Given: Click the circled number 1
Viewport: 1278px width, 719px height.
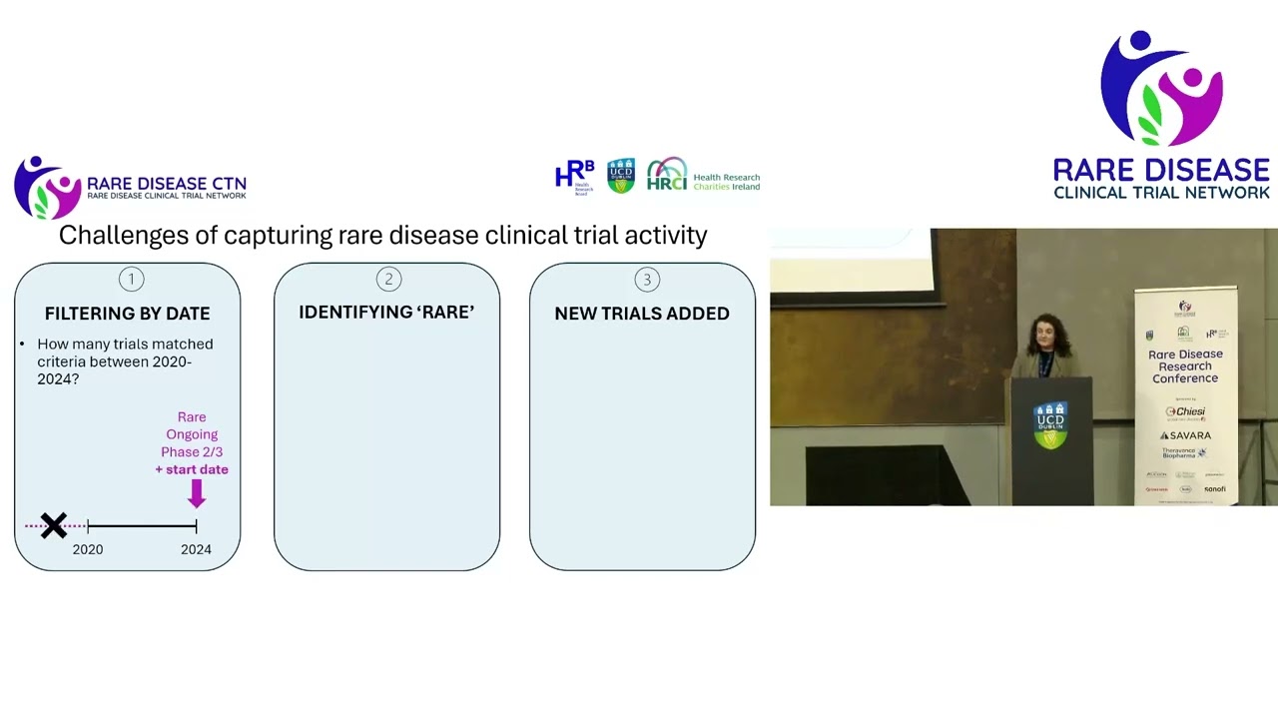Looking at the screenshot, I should tap(131, 280).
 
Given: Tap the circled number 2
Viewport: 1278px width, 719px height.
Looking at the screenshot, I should tap(388, 280).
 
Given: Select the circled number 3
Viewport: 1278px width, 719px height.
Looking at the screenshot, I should tap(646, 280).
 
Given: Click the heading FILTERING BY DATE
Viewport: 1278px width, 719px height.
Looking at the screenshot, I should tap(128, 314).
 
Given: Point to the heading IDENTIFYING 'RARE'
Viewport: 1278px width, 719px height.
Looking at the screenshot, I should tap(386, 313).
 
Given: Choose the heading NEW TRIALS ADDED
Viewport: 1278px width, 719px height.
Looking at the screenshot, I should tap(642, 314).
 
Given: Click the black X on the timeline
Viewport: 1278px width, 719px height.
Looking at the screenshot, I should tap(54, 525).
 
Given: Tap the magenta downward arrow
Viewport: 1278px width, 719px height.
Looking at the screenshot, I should tap(196, 493).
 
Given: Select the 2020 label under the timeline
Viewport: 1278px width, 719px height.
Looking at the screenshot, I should tap(88, 549).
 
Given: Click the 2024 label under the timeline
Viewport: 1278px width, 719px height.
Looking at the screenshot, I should tap(196, 549).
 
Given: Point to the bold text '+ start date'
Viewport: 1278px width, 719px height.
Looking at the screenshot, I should tap(192, 469).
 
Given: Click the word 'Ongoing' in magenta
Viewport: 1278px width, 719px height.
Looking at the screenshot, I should tap(192, 434).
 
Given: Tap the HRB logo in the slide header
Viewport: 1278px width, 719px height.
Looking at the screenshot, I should tap(575, 176).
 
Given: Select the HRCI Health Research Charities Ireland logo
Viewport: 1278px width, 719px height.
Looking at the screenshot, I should tap(703, 176).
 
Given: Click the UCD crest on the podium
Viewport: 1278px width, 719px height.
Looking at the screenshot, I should tap(1049, 424).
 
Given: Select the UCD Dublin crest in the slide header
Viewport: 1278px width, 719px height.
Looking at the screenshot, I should tap(621, 176).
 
